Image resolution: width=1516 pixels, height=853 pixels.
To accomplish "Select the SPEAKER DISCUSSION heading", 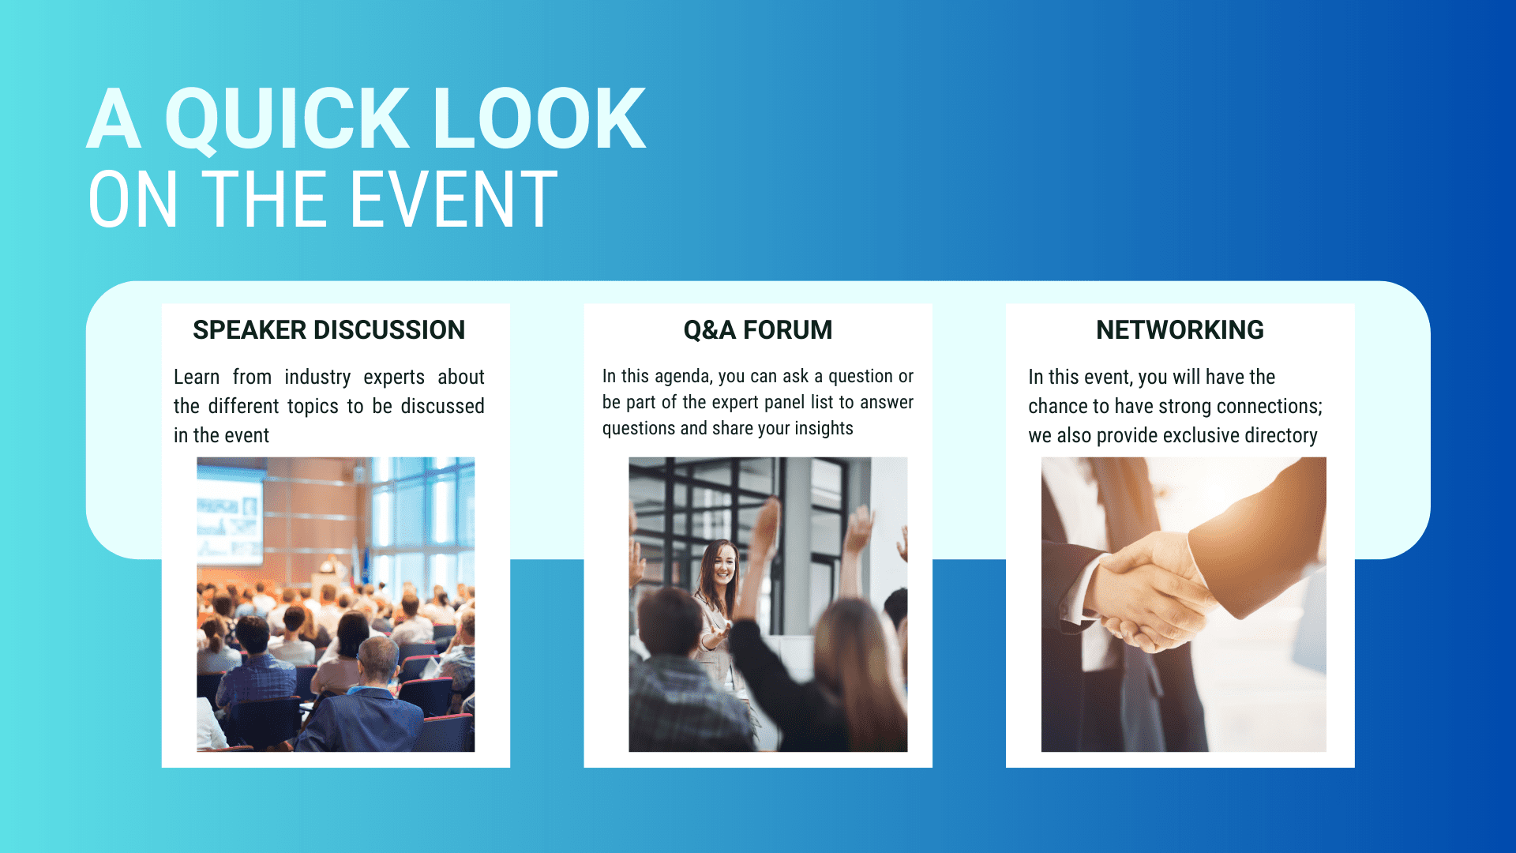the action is pyautogui.click(x=328, y=330).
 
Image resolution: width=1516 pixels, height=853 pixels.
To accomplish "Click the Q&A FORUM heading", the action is pyautogui.click(x=758, y=330).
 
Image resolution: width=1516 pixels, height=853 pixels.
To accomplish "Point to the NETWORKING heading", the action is pyautogui.click(x=1180, y=330).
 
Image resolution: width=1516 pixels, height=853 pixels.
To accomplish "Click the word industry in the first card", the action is pyautogui.click(x=317, y=378).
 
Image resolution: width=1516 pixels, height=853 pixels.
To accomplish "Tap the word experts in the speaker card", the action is pyautogui.click(x=394, y=378).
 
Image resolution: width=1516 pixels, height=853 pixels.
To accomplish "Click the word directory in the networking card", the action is pyautogui.click(x=1279, y=436).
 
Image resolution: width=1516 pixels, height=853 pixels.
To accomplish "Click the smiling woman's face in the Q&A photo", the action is pyautogui.click(x=722, y=564).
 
